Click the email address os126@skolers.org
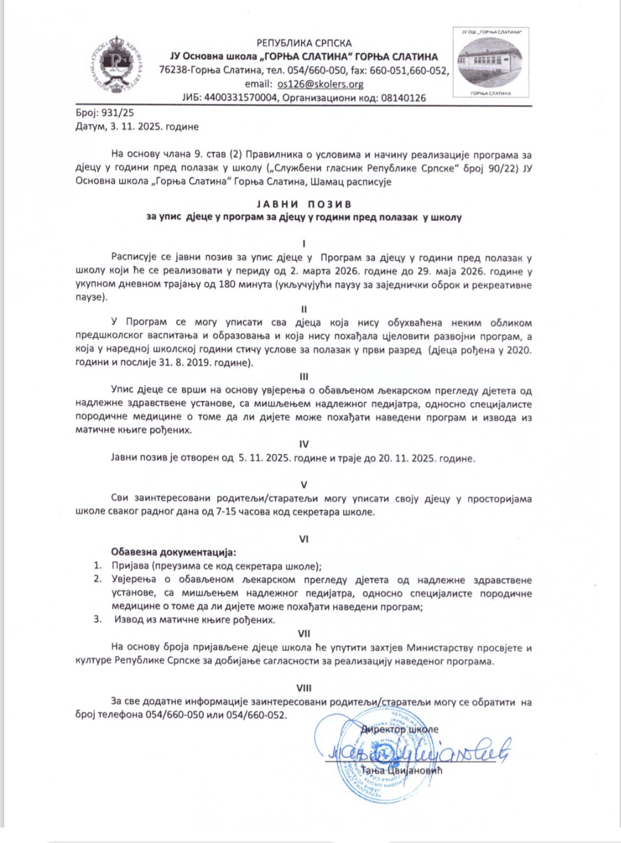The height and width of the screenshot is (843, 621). point(320,84)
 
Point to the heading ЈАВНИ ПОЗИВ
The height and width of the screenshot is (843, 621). point(304,204)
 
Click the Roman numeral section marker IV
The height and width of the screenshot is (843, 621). point(304,444)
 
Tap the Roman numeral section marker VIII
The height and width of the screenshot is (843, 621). point(304,688)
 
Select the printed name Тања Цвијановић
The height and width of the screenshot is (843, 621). point(401,770)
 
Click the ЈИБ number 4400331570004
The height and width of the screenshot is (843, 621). point(240,98)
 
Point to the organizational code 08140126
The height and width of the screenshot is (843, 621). point(404,98)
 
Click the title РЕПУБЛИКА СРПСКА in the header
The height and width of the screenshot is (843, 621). point(304,43)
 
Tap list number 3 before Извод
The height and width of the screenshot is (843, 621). point(98,620)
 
